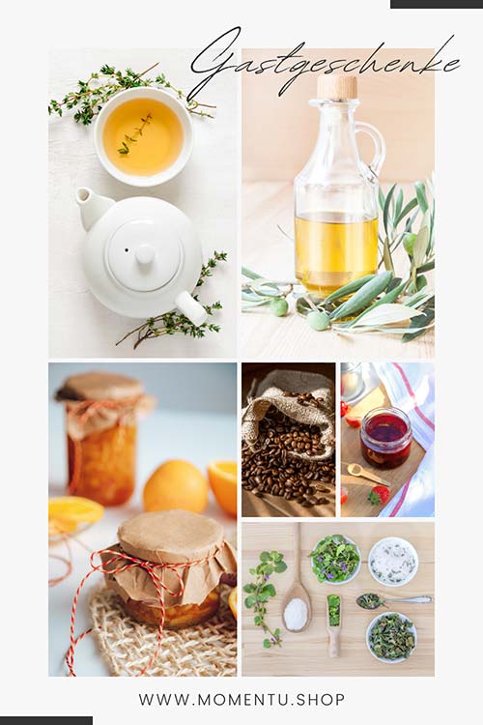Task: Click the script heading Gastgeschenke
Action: [324, 65]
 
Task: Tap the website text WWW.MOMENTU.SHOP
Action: [241, 700]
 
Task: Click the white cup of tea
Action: [143, 136]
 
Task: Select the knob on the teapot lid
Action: [145, 254]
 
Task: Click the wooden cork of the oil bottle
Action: [337, 87]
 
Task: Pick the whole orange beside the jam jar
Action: [176, 486]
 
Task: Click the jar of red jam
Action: [385, 438]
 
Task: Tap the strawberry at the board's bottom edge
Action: [378, 495]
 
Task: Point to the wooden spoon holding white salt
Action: [297, 601]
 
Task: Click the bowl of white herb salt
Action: [393, 561]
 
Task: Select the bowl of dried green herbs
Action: [392, 637]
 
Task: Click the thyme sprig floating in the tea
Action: [135, 135]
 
